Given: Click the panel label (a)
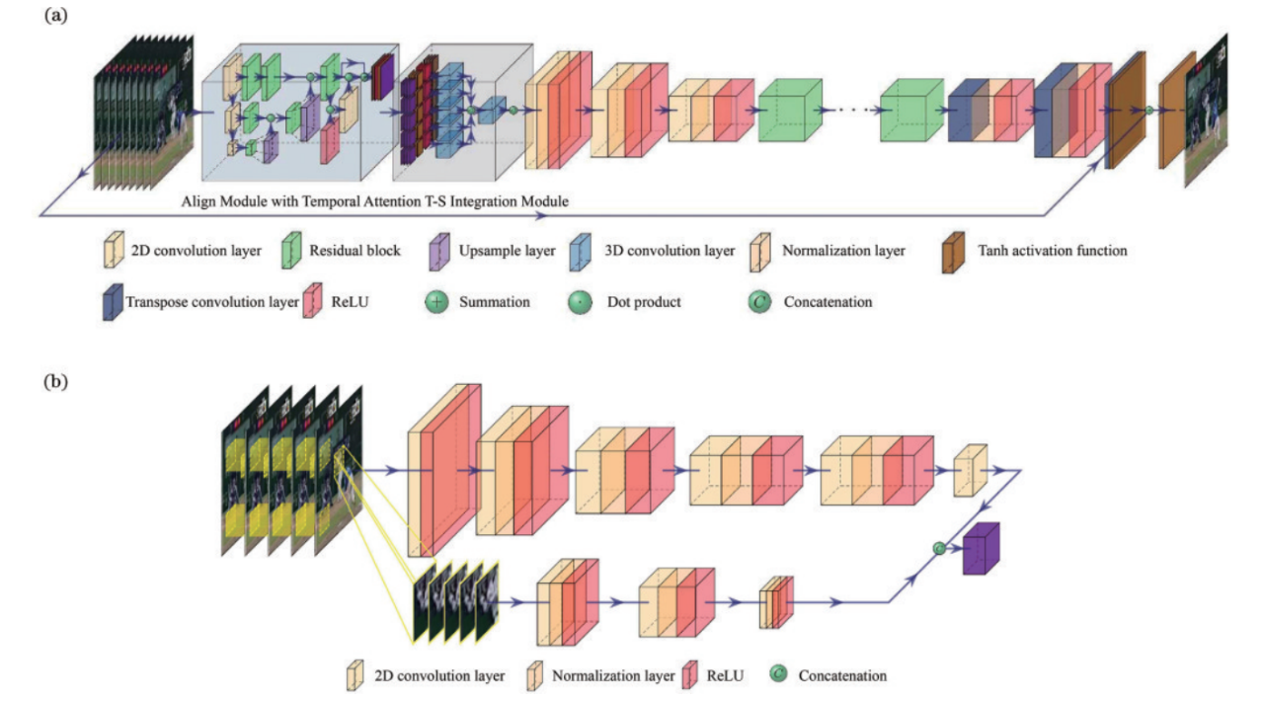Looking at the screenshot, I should click(x=50, y=17).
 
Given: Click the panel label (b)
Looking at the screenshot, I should click(x=50, y=380).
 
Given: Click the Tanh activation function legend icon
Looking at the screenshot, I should click(x=955, y=251).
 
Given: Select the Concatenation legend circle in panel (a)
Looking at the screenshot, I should click(x=758, y=302).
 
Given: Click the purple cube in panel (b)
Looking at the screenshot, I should click(x=981, y=547).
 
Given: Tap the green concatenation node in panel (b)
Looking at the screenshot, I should click(x=939, y=546).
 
